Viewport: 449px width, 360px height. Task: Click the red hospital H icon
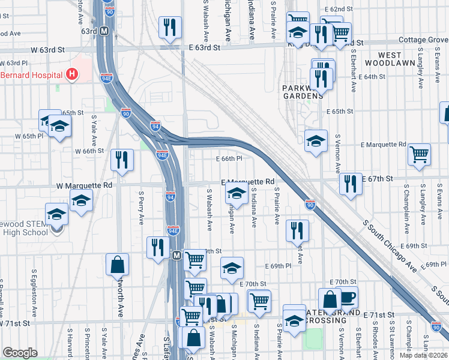[x=73, y=74]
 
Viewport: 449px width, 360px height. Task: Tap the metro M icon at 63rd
[x=104, y=31]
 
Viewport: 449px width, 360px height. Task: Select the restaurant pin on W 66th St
[x=122, y=160]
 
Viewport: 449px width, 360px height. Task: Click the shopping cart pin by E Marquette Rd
[x=419, y=154]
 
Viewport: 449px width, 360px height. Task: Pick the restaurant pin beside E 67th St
[x=351, y=184]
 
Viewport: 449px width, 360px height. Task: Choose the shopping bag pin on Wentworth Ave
[x=117, y=265]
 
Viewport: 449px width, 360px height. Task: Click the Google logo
[x=20, y=353]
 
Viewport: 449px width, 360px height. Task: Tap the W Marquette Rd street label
[x=84, y=185]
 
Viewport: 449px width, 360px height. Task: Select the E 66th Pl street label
[x=229, y=158]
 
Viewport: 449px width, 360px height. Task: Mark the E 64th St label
[x=372, y=77]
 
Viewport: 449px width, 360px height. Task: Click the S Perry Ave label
[x=141, y=208]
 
